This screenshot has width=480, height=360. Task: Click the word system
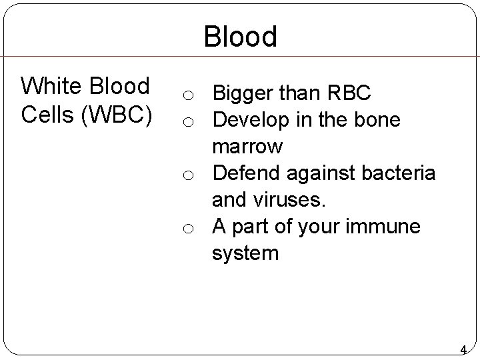click(x=245, y=253)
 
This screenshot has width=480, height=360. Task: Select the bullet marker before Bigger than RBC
click(x=189, y=95)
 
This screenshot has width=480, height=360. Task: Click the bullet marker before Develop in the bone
click(x=189, y=121)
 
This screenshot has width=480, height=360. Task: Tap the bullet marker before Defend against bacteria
click(x=189, y=175)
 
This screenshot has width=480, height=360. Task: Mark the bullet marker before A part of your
click(x=189, y=228)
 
